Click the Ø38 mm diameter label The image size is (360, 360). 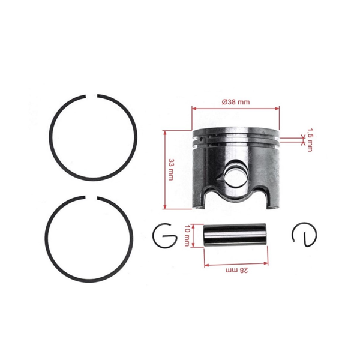click(235, 102)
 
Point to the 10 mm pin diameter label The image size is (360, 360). click(187, 235)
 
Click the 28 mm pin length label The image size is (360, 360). click(235, 271)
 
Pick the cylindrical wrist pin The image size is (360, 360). click(235, 235)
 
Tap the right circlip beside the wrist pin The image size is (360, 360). click(304, 235)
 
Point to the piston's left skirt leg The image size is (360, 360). click(203, 195)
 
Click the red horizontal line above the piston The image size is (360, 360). click(235, 109)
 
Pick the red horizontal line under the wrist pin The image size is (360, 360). click(235, 265)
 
